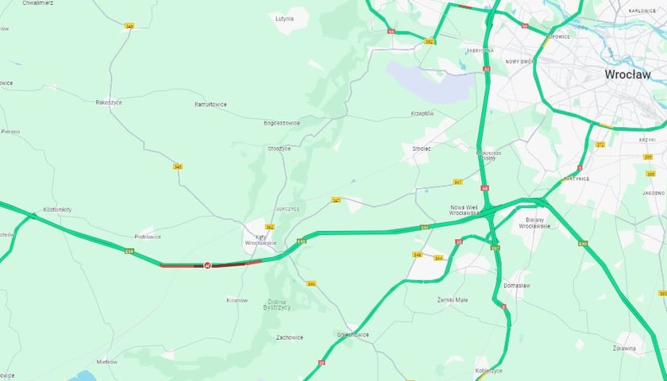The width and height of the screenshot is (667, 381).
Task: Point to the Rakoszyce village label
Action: point(109,102)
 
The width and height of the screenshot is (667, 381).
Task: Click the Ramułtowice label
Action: point(211,104)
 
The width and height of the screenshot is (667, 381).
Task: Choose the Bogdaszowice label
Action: point(282,123)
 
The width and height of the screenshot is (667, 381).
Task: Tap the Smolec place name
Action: point(421,148)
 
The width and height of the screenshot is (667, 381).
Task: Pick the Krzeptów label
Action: point(422,114)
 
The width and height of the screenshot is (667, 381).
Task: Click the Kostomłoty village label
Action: point(57,209)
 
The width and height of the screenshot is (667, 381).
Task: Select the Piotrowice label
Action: point(148,236)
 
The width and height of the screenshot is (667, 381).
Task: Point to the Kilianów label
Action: point(237,300)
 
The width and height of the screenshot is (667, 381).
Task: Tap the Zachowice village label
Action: point(289,337)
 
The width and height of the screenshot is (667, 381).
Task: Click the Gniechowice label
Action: point(352,334)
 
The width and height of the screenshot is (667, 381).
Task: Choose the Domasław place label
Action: point(516,285)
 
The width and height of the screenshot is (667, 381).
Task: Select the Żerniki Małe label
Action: point(453,300)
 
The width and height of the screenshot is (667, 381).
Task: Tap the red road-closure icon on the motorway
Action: point(208,265)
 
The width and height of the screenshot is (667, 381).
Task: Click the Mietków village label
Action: point(106,361)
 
